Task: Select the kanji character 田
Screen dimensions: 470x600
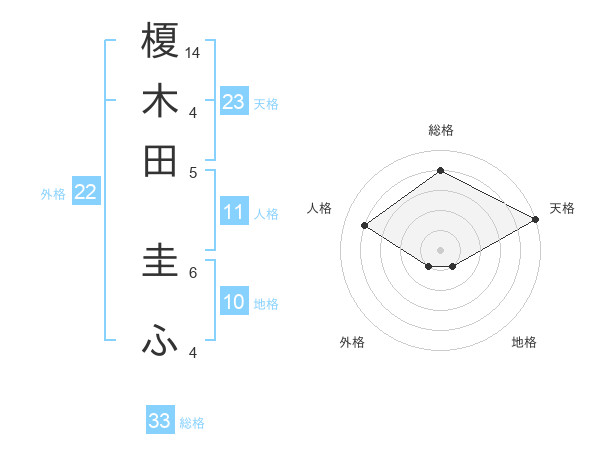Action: pyautogui.click(x=161, y=160)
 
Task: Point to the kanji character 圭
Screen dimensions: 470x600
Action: pyautogui.click(x=161, y=260)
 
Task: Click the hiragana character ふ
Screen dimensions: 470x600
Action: pyautogui.click(x=161, y=342)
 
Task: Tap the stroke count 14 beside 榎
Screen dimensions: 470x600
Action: pyautogui.click(x=193, y=51)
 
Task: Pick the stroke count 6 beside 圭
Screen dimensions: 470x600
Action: pyautogui.click(x=193, y=271)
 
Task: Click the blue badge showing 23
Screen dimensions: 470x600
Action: pyautogui.click(x=234, y=102)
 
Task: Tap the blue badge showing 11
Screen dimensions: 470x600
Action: pyautogui.click(x=234, y=212)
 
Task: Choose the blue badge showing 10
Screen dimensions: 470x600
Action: pyautogui.click(x=234, y=302)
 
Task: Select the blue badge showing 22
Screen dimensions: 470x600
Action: pyautogui.click(x=85, y=193)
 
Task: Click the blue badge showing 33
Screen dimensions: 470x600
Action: pyautogui.click(x=160, y=421)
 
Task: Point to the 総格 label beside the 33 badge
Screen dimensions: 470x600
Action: pyautogui.click(x=192, y=423)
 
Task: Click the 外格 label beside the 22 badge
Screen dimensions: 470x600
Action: pyautogui.click(x=53, y=194)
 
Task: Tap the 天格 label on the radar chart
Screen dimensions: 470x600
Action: pyautogui.click(x=562, y=208)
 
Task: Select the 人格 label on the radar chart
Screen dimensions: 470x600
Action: pyautogui.click(x=319, y=208)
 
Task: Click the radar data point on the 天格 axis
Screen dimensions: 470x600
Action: pyautogui.click(x=537, y=220)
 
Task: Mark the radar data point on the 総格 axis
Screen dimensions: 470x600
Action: pyautogui.click(x=440, y=170)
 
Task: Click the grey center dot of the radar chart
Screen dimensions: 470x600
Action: pyautogui.click(x=440, y=249)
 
